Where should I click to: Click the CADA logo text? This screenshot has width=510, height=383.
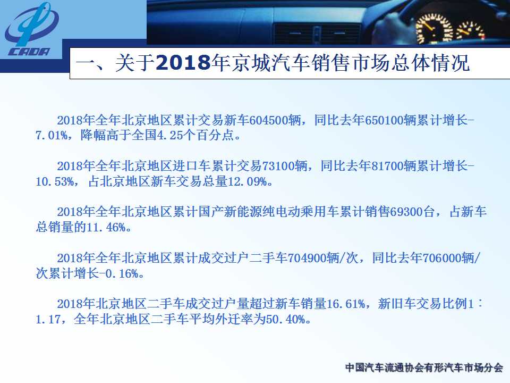29,52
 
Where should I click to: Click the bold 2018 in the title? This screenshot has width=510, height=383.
183,62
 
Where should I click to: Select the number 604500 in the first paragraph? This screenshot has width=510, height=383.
269,121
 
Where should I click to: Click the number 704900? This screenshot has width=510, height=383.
307,259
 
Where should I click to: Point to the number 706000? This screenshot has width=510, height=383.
441,259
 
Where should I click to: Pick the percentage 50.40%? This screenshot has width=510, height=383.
286,319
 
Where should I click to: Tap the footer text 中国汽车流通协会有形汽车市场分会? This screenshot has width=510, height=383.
424,368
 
